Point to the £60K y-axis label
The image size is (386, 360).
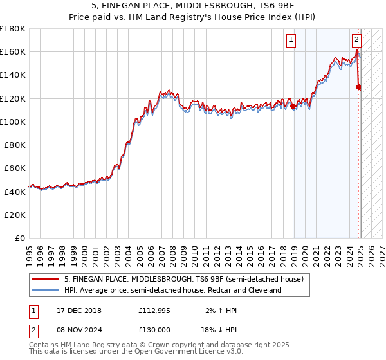click(14, 168)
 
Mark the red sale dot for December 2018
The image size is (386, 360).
click(293, 107)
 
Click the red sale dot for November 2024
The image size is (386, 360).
click(358, 87)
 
